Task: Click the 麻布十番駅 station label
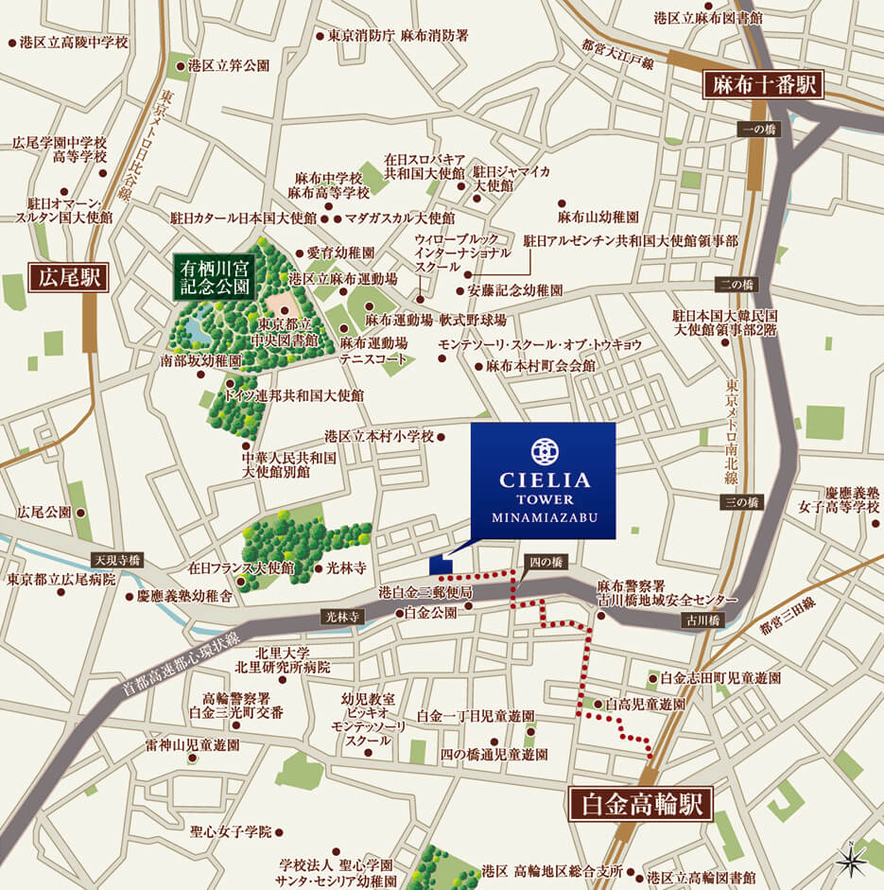tap(764, 85)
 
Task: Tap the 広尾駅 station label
tap(69, 278)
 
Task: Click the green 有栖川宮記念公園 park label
tap(214, 276)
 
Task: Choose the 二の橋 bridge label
tap(737, 285)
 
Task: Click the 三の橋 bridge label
tap(741, 502)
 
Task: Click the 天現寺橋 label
tap(115, 559)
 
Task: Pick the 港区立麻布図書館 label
tap(709, 17)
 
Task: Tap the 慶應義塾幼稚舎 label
tap(184, 596)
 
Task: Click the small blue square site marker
tap(441, 565)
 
